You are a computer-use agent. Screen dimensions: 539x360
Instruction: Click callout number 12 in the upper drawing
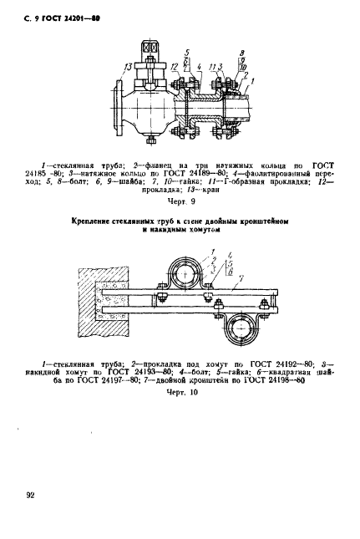(x=173, y=66)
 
